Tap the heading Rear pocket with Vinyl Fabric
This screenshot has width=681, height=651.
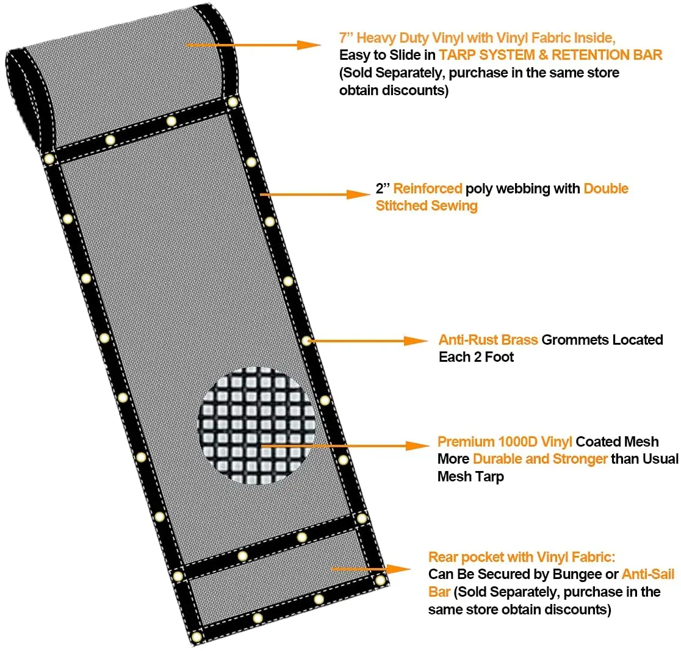tap(522, 557)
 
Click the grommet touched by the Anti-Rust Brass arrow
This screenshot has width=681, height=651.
tap(306, 340)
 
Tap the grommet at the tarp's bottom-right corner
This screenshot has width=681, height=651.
tap(381, 580)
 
